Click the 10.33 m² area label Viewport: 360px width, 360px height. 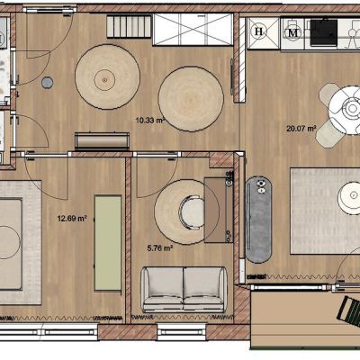(x=150, y=121)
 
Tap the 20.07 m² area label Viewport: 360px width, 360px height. (x=301, y=129)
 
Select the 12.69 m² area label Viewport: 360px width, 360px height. (x=72, y=218)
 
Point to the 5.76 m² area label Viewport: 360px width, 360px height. (x=160, y=248)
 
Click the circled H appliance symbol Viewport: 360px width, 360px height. (x=259, y=31)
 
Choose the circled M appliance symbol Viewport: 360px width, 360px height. (x=292, y=33)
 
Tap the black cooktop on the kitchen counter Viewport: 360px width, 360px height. (x=324, y=32)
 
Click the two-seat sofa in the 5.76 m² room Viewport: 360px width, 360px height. (x=184, y=289)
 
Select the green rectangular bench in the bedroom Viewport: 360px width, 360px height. (x=108, y=243)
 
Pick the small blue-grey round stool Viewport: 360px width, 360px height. (x=48, y=82)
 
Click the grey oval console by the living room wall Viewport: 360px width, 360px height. (x=258, y=220)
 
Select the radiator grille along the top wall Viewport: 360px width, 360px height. (x=129, y=27)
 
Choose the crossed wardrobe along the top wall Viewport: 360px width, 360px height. (x=193, y=30)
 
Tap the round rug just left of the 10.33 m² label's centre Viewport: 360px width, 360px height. (x=107, y=77)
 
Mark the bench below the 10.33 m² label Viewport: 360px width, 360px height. (x=103, y=141)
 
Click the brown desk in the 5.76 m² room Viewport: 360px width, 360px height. (x=219, y=210)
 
